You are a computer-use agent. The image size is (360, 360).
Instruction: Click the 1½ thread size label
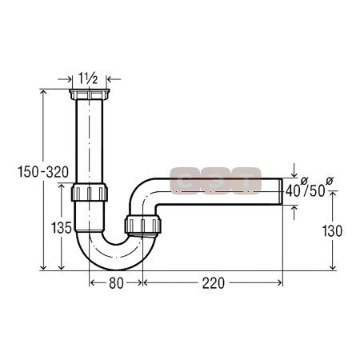[88, 78]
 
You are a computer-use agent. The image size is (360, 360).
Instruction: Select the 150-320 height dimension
[43, 172]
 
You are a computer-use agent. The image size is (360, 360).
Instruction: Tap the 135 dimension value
[62, 228]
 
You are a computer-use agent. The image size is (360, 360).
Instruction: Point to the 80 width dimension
[116, 283]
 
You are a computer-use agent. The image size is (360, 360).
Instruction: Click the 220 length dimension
[214, 283]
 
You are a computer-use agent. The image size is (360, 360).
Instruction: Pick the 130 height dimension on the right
[332, 231]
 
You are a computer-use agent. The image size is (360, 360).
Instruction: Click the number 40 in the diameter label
[293, 191]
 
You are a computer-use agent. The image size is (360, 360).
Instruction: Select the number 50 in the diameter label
[317, 191]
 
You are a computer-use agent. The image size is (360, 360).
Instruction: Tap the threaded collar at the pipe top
[90, 94]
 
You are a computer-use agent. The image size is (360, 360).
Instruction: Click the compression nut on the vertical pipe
[90, 192]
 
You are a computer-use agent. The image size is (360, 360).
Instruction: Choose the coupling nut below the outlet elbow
[143, 225]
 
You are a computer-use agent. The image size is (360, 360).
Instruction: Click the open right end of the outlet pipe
[282, 191]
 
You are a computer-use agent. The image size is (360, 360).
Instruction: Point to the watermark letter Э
[215, 181]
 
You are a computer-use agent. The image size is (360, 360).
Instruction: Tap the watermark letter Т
[246, 181]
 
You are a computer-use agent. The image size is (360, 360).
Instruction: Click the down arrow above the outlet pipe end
[294, 170]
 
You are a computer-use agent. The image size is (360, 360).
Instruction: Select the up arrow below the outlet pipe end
[294, 212]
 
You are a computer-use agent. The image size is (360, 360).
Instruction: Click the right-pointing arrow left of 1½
[65, 79]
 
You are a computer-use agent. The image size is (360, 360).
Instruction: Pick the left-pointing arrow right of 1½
[114, 79]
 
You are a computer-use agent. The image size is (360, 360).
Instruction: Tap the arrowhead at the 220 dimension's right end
[280, 282]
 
